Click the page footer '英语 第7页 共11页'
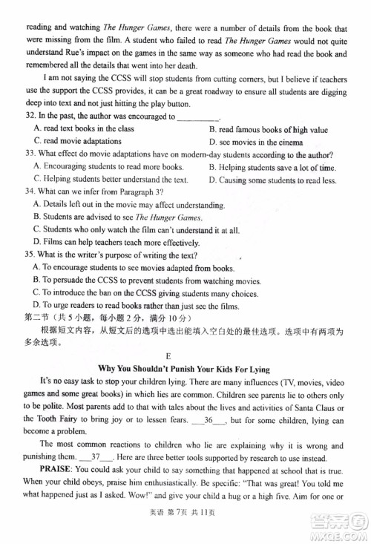[185, 526]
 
